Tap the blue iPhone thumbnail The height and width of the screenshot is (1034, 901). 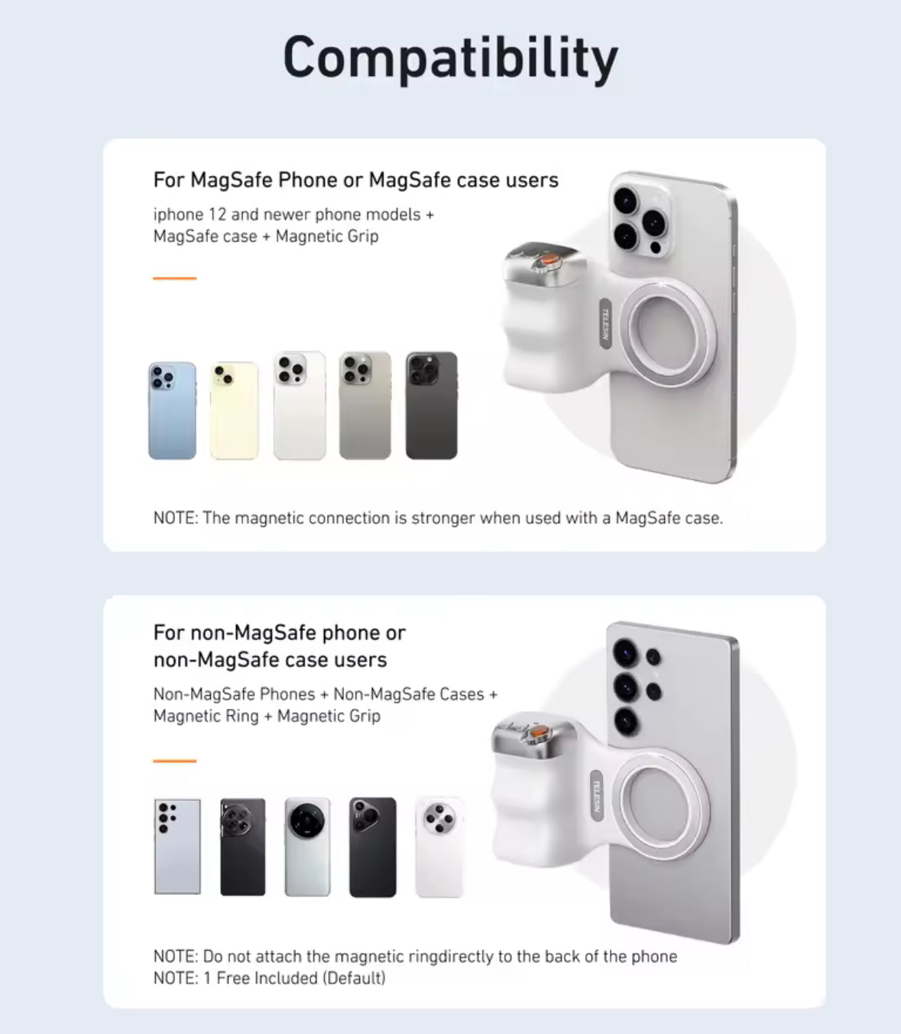click(x=172, y=411)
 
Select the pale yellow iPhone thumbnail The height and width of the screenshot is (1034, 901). click(x=234, y=411)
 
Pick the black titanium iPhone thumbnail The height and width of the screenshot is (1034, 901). click(x=431, y=405)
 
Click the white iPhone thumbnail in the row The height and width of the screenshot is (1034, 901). click(x=300, y=405)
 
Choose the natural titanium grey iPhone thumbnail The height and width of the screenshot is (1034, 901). click(x=365, y=405)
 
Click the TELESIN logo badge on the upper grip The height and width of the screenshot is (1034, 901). click(x=605, y=324)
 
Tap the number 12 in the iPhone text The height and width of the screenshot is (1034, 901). click(x=217, y=215)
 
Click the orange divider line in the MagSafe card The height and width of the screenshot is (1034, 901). click(x=175, y=278)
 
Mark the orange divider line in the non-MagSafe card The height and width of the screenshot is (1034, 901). click(x=175, y=761)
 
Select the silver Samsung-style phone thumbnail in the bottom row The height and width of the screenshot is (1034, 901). click(x=177, y=847)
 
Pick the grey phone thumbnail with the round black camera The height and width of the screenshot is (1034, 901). click(x=307, y=847)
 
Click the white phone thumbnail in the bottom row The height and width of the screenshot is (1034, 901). click(x=439, y=847)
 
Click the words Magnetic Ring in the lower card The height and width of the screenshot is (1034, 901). click(x=206, y=716)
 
